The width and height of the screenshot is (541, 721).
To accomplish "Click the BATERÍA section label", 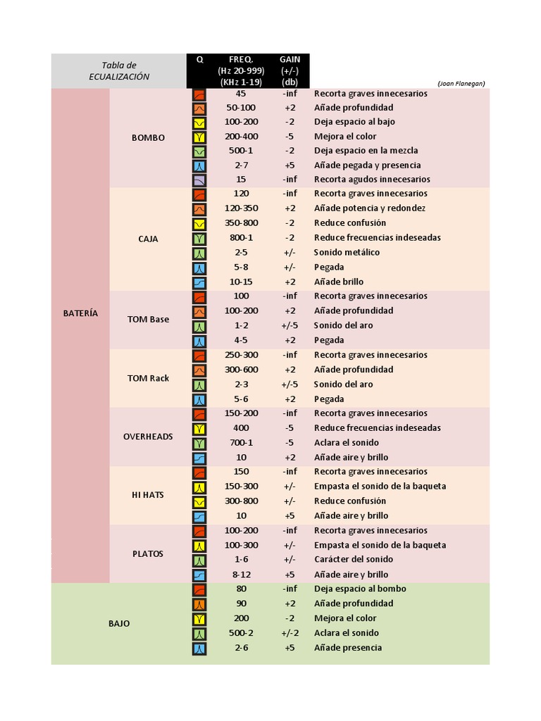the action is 80,313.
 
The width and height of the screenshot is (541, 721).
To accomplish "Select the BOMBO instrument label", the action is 148,137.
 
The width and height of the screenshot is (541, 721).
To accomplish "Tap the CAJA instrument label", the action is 148,239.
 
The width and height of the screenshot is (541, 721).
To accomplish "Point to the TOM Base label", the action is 148,319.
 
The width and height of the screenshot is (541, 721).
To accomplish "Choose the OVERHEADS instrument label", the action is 148,437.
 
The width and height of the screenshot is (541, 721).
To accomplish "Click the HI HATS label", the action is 148,495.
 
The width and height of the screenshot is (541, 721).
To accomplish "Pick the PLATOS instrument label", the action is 148,553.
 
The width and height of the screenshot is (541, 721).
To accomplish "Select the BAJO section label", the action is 119,624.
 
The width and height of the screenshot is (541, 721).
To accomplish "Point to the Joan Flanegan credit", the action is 461,84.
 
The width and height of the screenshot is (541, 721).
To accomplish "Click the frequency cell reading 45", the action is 241,94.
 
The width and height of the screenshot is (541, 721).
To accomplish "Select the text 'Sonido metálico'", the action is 347,252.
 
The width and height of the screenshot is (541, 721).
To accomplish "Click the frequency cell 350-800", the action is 242,222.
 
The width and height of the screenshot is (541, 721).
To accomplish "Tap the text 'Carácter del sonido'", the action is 354,559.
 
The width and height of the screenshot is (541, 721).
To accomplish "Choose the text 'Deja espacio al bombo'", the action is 360,589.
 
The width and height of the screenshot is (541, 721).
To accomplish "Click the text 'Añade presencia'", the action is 348,648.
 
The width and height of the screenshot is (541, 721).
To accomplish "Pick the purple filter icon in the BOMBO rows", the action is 199,180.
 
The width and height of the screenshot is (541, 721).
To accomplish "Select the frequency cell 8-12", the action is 242,575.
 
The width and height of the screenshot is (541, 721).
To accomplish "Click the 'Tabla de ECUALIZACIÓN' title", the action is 119,71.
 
